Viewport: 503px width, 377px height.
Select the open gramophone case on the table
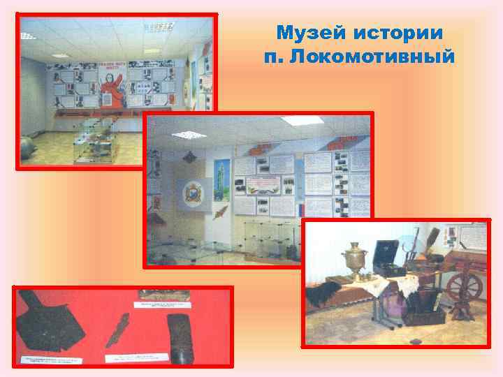(x=388, y=256)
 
